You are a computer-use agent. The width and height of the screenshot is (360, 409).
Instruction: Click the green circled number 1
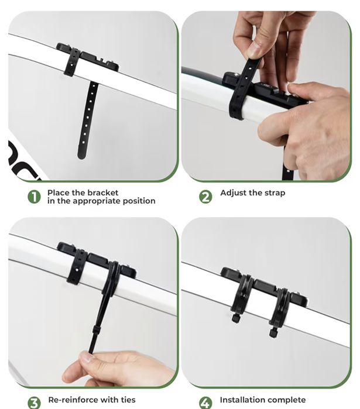[35, 197]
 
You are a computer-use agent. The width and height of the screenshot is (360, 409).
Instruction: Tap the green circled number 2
[205, 197]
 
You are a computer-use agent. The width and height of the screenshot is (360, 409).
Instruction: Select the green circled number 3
[35, 402]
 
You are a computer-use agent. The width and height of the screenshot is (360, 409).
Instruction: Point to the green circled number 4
[205, 402]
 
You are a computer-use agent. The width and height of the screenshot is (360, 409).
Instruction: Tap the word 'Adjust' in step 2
[234, 193]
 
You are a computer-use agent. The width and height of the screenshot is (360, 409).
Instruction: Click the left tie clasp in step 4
[236, 318]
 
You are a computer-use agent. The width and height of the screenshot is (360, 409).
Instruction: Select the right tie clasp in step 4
[273, 331]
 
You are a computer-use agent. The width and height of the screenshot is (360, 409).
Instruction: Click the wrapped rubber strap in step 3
[77, 266]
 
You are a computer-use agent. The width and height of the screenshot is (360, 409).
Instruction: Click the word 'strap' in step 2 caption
[273, 193]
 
